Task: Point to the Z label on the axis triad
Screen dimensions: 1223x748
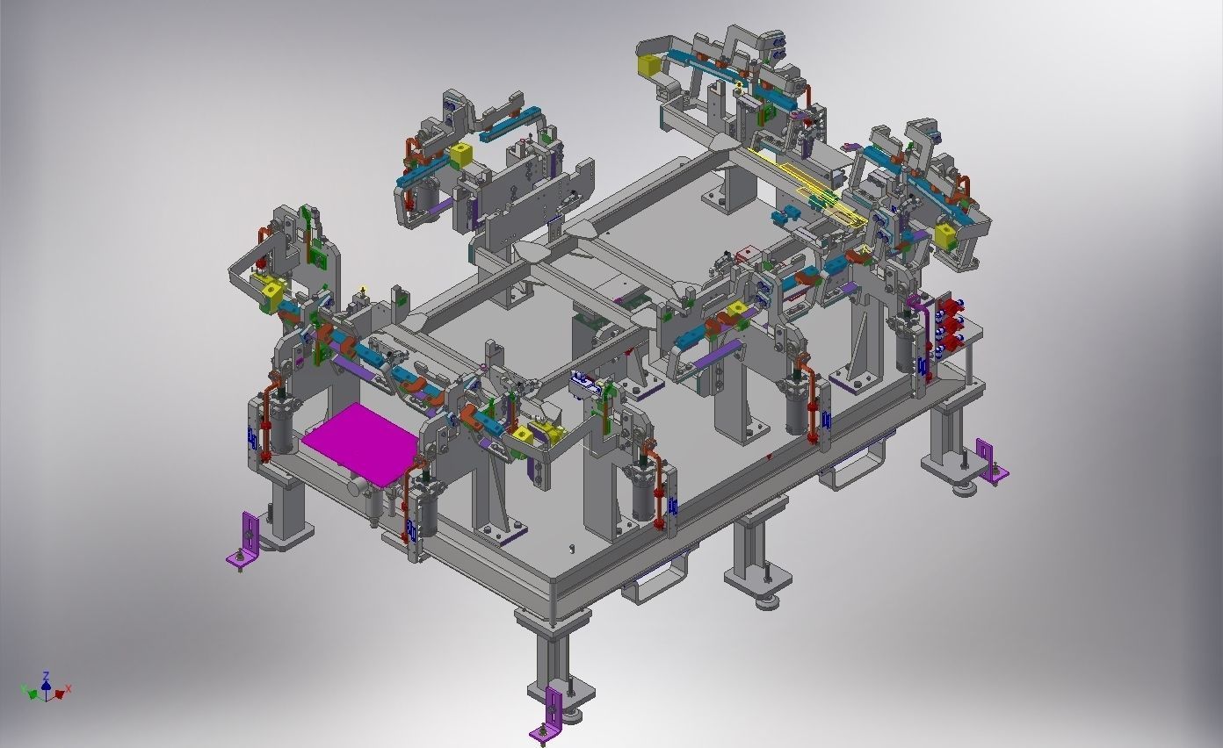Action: coord(47,675)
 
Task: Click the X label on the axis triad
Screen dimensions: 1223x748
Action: coord(69,688)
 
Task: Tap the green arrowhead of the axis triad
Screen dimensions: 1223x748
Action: coord(33,694)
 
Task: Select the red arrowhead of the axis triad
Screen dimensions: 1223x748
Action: coord(60,694)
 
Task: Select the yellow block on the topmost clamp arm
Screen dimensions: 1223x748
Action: coord(648,67)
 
